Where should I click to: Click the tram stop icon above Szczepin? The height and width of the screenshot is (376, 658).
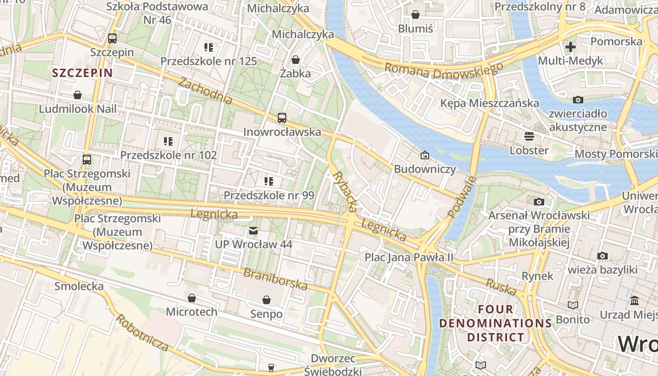[x=112, y=39]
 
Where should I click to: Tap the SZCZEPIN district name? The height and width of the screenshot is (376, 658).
[x=83, y=73]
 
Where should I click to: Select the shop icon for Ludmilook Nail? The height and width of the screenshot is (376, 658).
[x=78, y=95]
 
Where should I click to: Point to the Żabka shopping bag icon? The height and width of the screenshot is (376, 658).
[x=296, y=60]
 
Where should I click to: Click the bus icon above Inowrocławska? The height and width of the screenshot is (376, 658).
[x=282, y=118]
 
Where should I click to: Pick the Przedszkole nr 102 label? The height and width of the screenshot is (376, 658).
[x=168, y=155]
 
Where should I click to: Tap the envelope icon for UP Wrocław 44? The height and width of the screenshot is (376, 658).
[x=253, y=231]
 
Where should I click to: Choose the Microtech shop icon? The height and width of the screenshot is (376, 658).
[x=191, y=298]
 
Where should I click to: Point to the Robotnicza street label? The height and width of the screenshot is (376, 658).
[x=142, y=333]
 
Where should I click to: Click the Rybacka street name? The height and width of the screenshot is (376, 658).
[x=345, y=190]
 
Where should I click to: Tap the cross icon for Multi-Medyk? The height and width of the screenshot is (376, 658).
[x=571, y=47]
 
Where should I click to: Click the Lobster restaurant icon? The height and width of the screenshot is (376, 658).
[x=529, y=137]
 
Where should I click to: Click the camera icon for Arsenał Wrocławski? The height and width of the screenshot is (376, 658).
[x=539, y=202]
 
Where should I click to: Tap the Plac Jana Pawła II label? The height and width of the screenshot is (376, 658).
[x=409, y=257]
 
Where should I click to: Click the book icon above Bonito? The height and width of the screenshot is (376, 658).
[x=572, y=305]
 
